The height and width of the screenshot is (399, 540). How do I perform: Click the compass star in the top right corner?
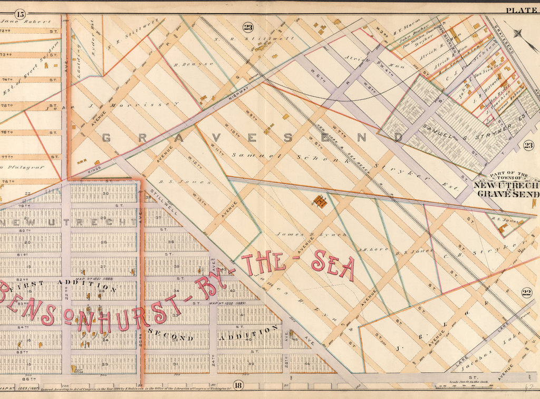(520, 33)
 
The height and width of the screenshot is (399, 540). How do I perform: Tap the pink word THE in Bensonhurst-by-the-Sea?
(263, 263)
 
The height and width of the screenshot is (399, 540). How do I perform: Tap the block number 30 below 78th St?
(104, 193)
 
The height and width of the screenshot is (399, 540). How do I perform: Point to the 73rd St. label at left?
(6, 54)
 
